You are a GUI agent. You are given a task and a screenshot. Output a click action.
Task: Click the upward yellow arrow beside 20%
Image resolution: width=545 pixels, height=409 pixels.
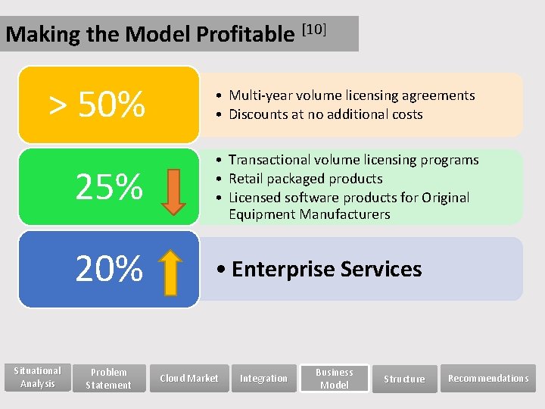coord(173,272)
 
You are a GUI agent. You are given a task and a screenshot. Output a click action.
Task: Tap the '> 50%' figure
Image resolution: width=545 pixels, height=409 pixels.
coord(97,105)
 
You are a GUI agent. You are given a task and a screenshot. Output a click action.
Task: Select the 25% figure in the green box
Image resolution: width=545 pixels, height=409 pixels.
coord(109,186)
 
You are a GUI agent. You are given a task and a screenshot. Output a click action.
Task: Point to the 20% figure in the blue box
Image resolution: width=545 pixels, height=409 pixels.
coord(109,268)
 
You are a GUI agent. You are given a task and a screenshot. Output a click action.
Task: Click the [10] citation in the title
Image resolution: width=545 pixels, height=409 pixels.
coord(313,30)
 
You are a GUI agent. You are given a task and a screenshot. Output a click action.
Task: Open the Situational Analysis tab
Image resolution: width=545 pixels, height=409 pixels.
coord(38,377)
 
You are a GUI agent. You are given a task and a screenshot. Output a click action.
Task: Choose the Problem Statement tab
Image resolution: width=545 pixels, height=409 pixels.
coord(108,378)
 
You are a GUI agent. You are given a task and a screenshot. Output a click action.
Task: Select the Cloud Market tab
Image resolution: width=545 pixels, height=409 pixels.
coord(188,378)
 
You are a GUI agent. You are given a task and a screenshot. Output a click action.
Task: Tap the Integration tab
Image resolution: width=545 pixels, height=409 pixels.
coord(263,378)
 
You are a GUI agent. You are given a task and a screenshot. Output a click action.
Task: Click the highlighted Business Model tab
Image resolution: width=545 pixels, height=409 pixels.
coord(335,378)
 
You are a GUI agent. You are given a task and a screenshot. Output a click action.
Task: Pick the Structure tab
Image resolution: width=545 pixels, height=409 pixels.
coord(404,379)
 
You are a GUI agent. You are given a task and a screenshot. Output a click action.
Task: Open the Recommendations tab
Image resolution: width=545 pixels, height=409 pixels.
coord(488,378)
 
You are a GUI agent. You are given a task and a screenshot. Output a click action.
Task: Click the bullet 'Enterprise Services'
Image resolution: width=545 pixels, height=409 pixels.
coord(321,270)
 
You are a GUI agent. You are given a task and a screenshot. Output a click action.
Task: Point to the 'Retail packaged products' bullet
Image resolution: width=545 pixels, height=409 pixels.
coord(305,179)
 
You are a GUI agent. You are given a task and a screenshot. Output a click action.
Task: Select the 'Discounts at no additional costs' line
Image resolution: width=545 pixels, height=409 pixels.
coord(325,114)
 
